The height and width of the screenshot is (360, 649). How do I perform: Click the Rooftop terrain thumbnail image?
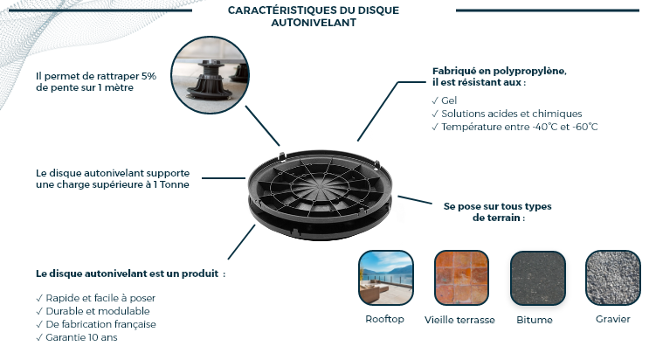tap(386, 278)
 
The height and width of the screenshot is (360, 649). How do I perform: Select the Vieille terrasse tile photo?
tap(461, 278)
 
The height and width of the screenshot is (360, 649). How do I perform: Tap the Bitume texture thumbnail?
tap(538, 278)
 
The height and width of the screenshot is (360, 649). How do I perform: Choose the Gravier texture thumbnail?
tap(613, 278)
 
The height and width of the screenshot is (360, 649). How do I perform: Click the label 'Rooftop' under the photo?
tap(384, 320)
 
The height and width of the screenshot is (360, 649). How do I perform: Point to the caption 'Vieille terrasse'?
tap(459, 320)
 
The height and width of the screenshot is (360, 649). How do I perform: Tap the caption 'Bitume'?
tap(535, 320)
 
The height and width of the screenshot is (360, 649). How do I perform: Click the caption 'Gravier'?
tap(613, 319)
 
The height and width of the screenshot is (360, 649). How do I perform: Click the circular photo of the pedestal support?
tap(210, 75)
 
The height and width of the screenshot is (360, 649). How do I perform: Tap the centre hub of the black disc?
tap(320, 186)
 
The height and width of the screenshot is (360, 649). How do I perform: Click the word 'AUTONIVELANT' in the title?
tap(314, 23)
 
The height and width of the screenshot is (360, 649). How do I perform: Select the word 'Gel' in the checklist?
tap(449, 100)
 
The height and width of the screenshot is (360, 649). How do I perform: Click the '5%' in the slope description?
tap(149, 76)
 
